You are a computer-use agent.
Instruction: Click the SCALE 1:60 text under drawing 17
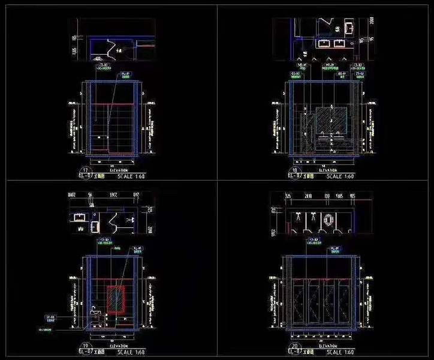pos(131,176)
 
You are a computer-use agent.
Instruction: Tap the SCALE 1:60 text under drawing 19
pos(132,353)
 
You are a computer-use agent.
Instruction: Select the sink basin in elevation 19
pos(94,310)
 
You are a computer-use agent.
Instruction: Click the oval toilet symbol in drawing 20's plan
pos(327,221)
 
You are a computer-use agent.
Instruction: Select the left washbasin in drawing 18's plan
pos(324,43)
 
